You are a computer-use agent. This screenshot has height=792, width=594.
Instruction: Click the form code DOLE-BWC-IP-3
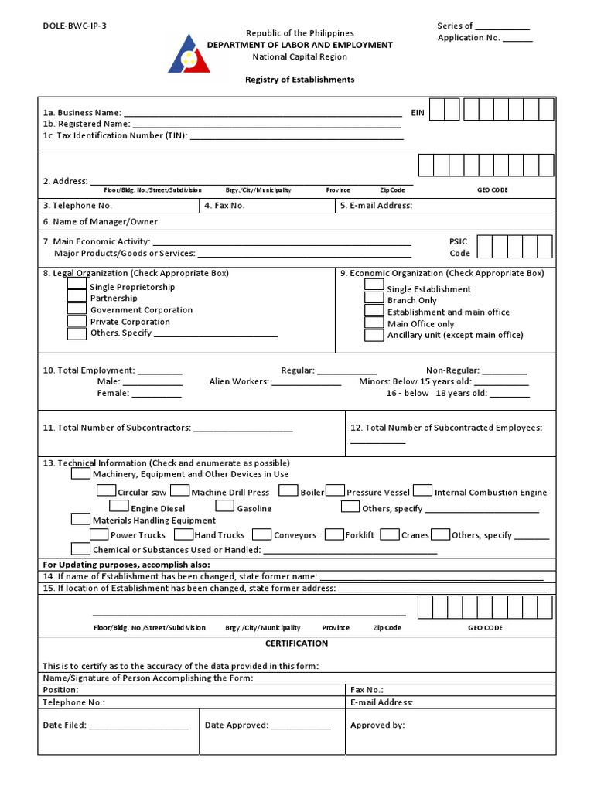(75, 26)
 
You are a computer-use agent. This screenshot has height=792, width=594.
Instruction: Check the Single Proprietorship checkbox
(77, 285)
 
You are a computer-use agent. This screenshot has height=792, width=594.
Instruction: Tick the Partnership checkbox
(77, 297)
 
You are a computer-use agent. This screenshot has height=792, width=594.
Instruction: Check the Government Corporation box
(77, 309)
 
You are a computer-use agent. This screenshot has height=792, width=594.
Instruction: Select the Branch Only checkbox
(374, 299)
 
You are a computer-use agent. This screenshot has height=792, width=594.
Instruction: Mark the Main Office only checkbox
(374, 323)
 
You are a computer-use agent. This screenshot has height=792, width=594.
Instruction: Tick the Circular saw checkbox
(107, 490)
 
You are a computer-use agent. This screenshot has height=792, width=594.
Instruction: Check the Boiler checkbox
(288, 490)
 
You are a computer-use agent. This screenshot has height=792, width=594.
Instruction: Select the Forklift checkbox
(334, 534)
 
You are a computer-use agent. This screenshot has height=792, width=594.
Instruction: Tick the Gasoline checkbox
(225, 507)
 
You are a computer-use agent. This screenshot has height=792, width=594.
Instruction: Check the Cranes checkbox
(390, 534)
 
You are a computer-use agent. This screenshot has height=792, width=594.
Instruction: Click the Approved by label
(377, 725)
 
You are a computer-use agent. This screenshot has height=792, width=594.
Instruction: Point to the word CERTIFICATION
(297, 643)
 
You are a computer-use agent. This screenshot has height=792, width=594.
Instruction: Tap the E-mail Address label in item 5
(376, 206)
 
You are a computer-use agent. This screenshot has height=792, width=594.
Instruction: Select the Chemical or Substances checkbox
(80, 549)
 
